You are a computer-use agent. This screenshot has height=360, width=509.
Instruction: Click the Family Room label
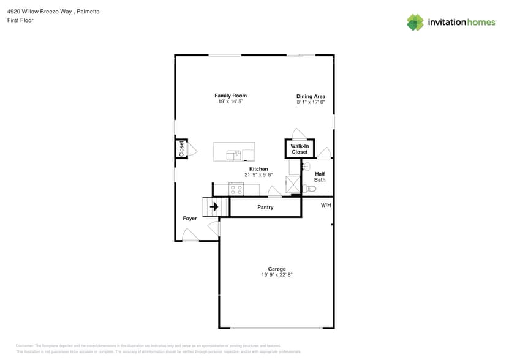coord(230,96)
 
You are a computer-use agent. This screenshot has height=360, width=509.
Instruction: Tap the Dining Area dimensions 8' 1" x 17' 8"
coord(311,103)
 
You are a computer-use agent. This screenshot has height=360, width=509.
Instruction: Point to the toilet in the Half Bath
coord(309,189)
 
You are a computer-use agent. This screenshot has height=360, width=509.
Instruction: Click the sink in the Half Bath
coord(306,166)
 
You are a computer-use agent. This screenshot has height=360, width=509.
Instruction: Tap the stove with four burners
coord(236,189)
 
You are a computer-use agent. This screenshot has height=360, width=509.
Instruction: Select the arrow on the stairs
coord(214,207)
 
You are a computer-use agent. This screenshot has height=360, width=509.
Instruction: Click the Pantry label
coord(265,208)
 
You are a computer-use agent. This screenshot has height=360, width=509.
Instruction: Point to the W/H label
coord(326,205)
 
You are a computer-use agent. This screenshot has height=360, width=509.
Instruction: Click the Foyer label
coord(190,219)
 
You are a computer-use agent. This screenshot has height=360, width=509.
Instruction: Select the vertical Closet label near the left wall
coord(181,148)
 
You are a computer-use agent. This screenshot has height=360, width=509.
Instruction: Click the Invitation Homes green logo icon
coord(415,23)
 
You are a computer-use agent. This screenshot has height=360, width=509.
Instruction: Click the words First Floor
coord(20,20)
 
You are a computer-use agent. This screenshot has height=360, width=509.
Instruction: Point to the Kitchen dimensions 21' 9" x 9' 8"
coord(258,175)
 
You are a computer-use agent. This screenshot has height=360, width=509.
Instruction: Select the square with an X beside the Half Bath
coord(293,185)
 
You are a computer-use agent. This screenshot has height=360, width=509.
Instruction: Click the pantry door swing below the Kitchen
coord(275,193)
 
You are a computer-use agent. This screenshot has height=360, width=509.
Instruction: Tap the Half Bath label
coord(320,177)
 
